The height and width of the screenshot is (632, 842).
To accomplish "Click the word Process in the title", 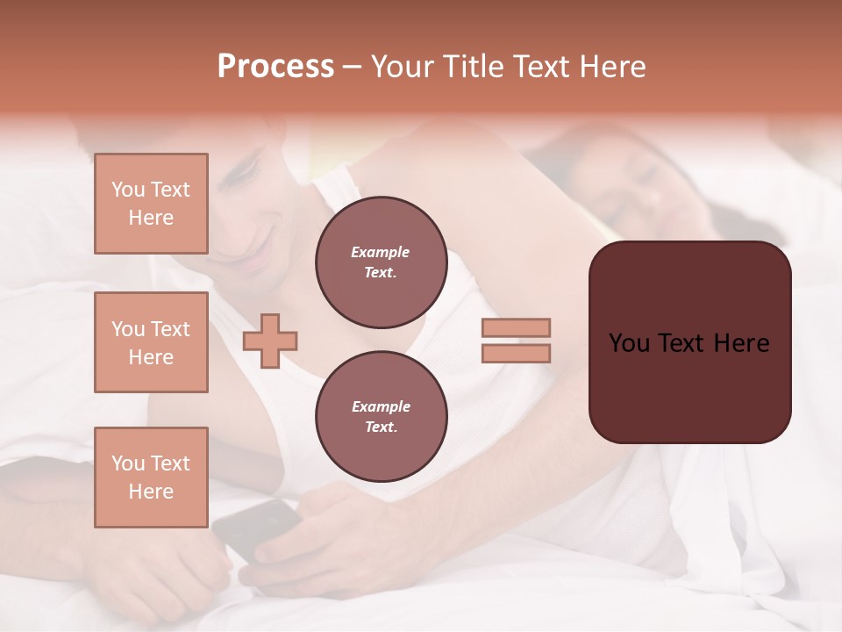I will point(275,67).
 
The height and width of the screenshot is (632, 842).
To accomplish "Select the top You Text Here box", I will point(151,204).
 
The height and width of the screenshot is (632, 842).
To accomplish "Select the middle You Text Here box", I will point(151,342).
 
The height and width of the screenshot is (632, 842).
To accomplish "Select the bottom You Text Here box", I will point(151,478).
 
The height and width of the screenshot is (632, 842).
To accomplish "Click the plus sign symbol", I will point(270,339).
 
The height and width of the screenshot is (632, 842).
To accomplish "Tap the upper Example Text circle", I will point(381,262).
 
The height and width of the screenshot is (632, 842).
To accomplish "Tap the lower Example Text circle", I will point(381,417).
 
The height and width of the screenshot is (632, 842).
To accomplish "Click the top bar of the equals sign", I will point(517,327).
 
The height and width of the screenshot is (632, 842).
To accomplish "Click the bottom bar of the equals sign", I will point(517,353).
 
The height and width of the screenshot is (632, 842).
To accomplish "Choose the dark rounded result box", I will point(689,342).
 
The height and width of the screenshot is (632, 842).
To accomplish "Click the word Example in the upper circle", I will point(381,252).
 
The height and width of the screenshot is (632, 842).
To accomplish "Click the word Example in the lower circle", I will point(381,406).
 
